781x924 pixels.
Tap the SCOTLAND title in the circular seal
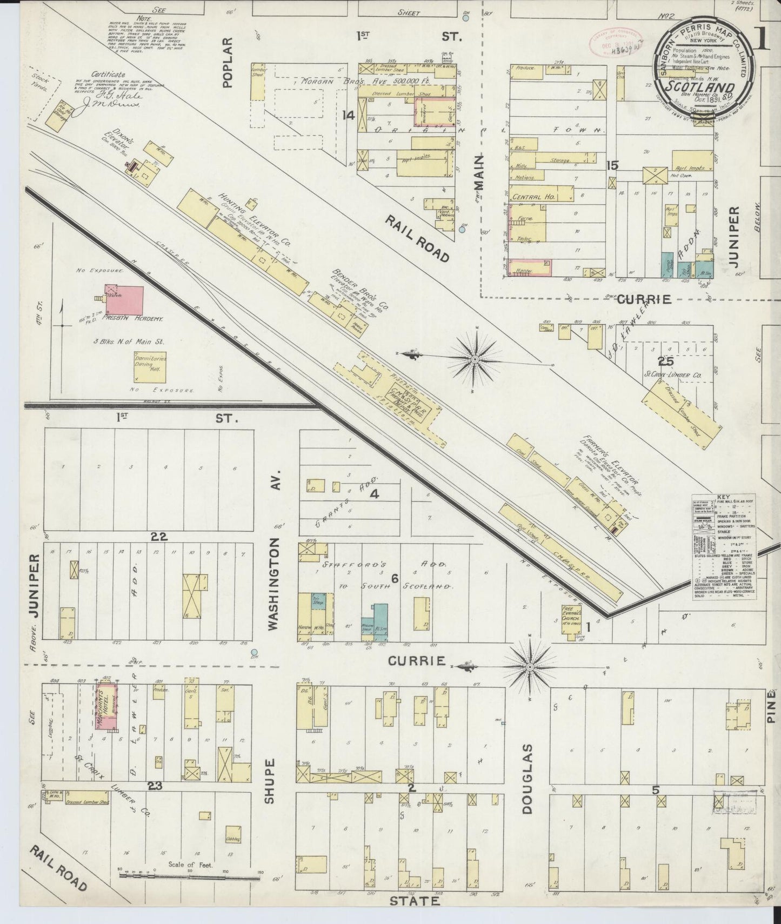699,88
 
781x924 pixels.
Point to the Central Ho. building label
536,197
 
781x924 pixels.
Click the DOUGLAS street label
527,774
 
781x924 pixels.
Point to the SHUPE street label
271,780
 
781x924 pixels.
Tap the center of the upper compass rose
474,359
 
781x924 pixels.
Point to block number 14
349,115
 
